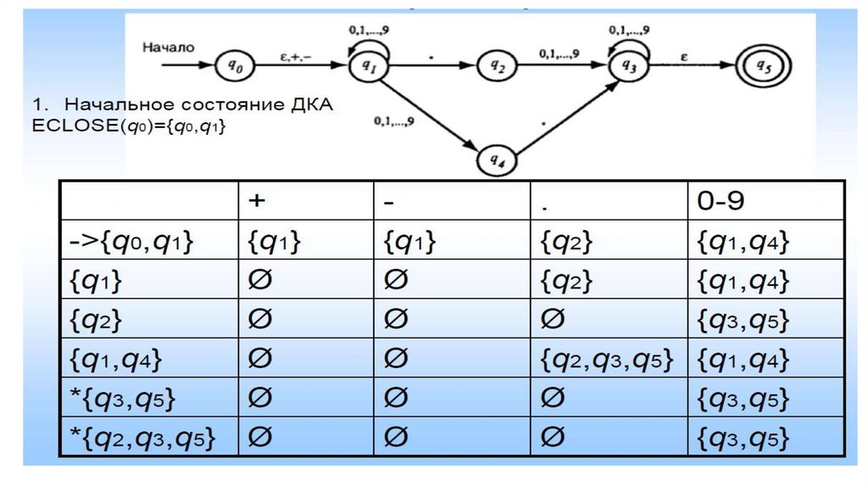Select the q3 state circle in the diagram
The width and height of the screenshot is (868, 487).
click(x=629, y=64)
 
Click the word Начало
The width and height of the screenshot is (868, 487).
click(x=169, y=47)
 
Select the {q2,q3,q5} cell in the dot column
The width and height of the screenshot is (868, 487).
click(x=606, y=360)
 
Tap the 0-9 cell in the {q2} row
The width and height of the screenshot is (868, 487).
click(x=743, y=321)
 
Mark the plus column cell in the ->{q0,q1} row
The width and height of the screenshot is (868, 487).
click(x=275, y=243)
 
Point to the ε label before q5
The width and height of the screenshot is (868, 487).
click(x=682, y=55)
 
